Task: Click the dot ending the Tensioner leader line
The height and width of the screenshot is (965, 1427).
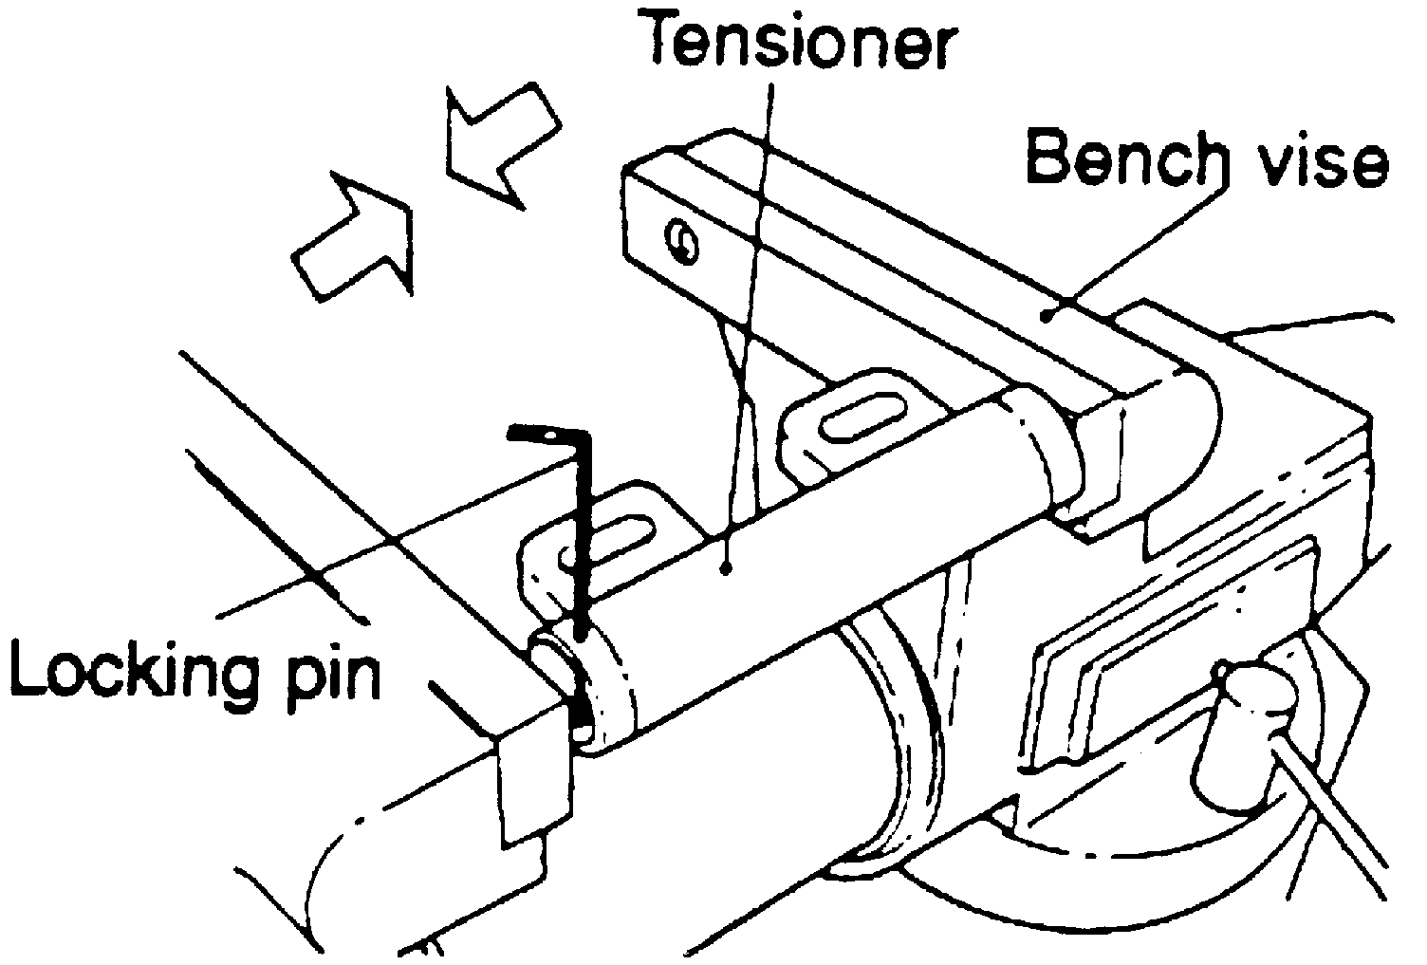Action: pos(726,567)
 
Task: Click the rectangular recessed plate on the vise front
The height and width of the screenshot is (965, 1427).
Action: pos(1167,645)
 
